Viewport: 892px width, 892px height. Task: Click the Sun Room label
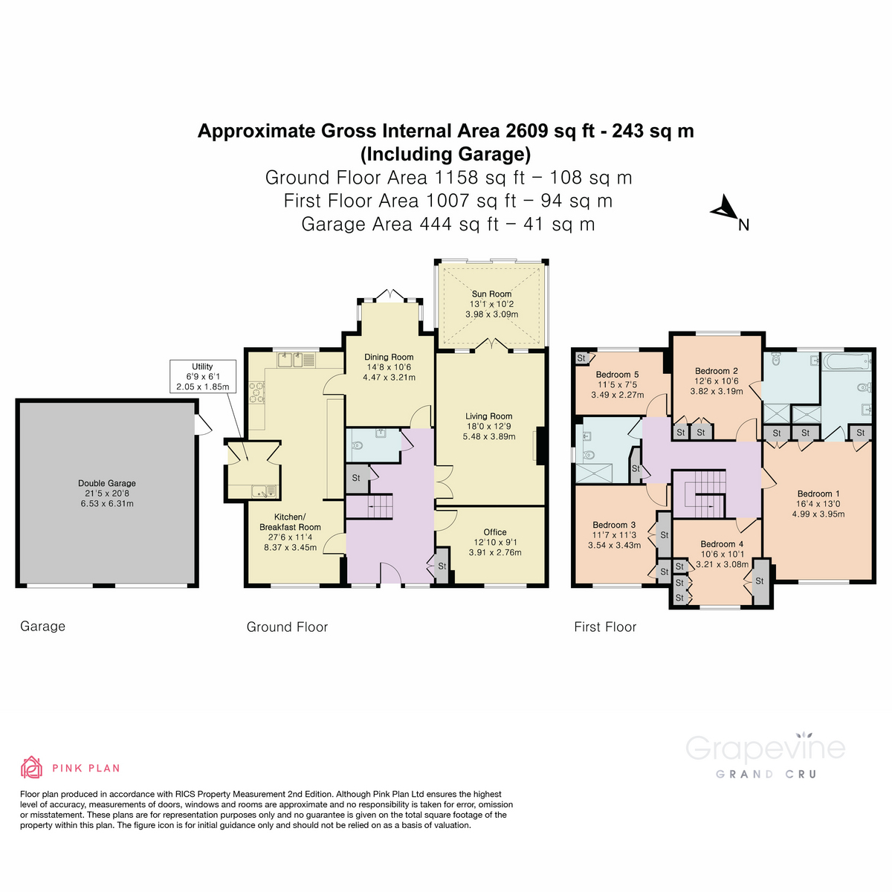(x=491, y=294)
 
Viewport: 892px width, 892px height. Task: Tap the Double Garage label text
(x=107, y=483)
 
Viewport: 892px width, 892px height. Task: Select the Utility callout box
(x=202, y=377)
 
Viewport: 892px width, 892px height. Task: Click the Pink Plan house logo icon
(x=31, y=767)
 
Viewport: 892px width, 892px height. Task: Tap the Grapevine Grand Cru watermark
(x=765, y=755)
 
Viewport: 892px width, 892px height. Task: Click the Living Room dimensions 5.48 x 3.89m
(x=488, y=437)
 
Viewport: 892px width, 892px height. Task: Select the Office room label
(x=495, y=532)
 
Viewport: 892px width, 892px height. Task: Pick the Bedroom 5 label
(x=617, y=375)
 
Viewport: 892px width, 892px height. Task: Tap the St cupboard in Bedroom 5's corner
(x=581, y=358)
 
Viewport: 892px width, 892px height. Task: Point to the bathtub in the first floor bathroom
(x=847, y=363)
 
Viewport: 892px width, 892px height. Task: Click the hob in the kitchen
(x=256, y=392)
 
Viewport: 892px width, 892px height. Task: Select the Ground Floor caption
(x=287, y=627)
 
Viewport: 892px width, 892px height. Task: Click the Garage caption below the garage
(x=42, y=627)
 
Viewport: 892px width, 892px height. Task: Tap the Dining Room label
(x=389, y=357)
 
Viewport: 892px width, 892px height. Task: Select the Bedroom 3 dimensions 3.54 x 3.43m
(x=614, y=546)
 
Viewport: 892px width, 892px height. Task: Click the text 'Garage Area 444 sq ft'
(x=399, y=224)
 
